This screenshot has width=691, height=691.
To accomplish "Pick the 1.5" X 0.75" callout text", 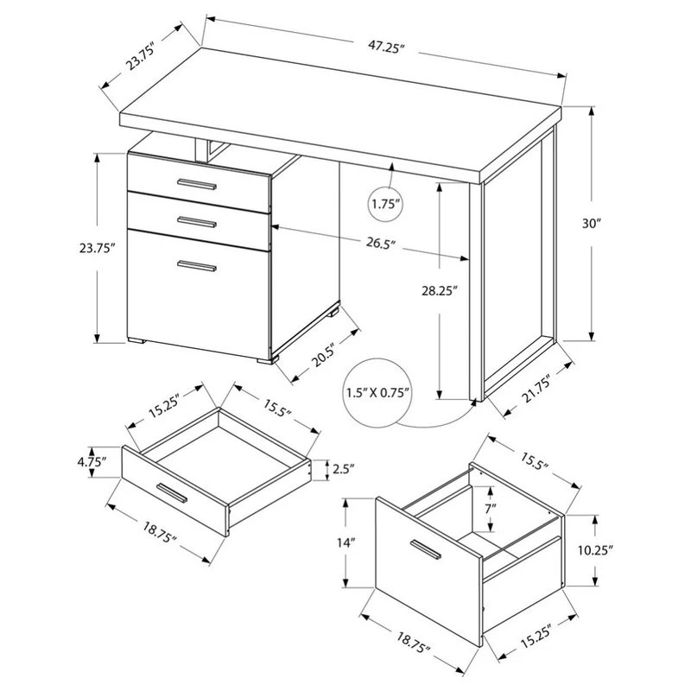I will (x=377, y=394).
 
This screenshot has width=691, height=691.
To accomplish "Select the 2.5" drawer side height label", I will (x=343, y=470).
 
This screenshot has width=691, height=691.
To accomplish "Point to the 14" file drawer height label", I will (x=346, y=542).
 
